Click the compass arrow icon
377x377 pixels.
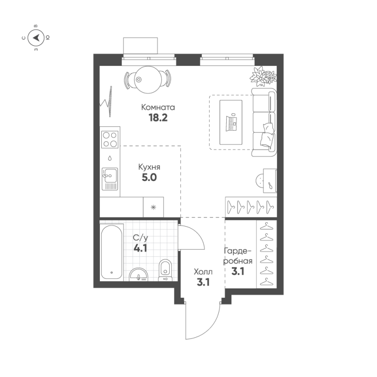[36, 37]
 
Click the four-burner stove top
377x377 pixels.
[110, 139]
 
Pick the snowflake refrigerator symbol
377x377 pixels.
[154, 207]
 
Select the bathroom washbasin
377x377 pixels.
[139, 274]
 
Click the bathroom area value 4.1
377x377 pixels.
[140, 248]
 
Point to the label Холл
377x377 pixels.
[203, 272]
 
